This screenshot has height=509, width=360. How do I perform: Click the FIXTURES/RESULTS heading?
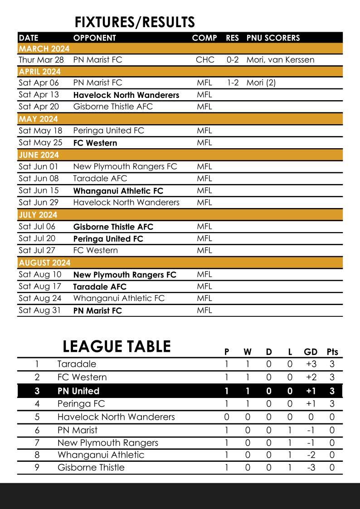(x=135, y=22)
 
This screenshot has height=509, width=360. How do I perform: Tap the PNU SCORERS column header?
(x=273, y=38)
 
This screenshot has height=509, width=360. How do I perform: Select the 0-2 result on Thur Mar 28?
(x=233, y=59)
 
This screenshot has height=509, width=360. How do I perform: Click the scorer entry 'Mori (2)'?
(x=261, y=82)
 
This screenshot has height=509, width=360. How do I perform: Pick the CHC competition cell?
(x=205, y=59)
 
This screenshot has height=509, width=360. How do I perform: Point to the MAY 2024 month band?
(x=39, y=119)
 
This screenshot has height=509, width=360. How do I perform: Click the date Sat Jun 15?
(x=39, y=190)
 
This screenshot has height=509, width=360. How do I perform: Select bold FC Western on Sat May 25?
(x=95, y=143)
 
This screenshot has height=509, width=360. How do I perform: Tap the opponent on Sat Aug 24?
(x=119, y=298)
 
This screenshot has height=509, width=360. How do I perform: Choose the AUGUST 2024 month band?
(x=44, y=262)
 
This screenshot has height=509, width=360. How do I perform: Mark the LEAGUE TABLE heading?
(x=117, y=346)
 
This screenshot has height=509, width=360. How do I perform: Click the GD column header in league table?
(x=311, y=352)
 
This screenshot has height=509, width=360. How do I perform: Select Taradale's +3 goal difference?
(x=311, y=364)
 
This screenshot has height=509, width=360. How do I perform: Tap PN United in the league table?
(x=78, y=391)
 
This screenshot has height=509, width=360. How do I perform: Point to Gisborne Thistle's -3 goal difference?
(x=311, y=467)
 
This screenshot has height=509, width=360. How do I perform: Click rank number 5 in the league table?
(x=37, y=417)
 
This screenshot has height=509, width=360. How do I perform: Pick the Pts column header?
(x=332, y=352)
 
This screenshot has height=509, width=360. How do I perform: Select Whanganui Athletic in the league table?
(x=101, y=455)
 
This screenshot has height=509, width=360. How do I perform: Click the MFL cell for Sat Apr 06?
(x=204, y=82)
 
